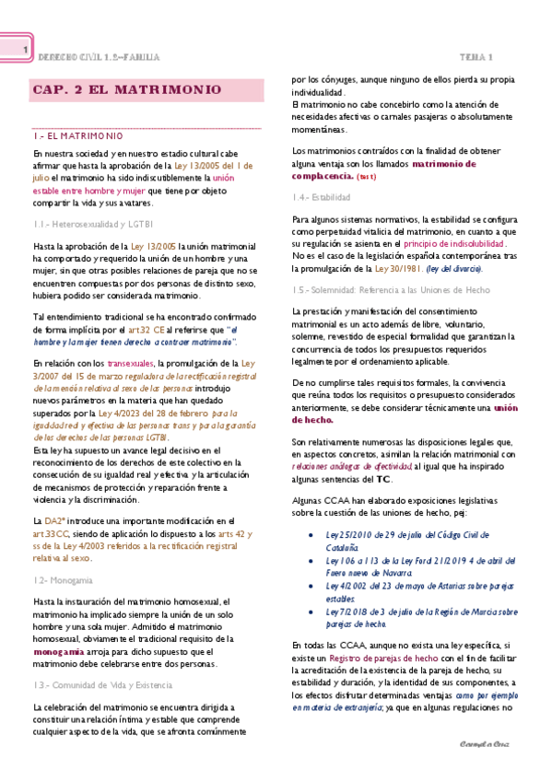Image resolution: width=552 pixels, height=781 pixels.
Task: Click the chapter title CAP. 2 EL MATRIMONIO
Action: [x=126, y=91]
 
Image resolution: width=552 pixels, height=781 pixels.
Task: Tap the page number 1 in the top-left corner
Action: [x=26, y=50]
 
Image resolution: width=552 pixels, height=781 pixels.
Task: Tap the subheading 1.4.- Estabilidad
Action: [x=322, y=198]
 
